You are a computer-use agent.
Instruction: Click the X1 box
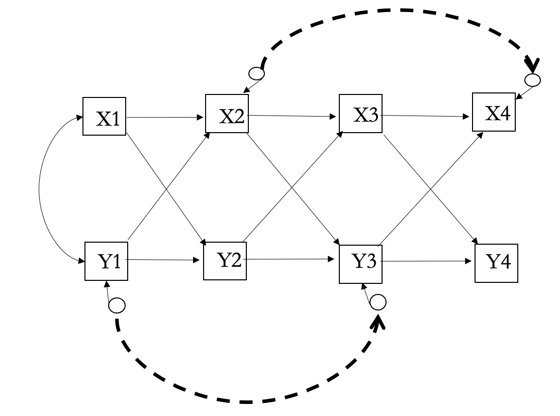pos(104,117)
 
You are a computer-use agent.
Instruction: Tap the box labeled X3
pos(360,114)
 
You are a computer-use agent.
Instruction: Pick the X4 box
pos(494,112)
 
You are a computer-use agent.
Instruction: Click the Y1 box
pos(106,261)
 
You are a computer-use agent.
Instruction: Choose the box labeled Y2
pos(225,259)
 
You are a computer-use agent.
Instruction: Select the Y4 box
pos(496,263)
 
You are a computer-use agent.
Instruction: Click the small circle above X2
pos(257,73)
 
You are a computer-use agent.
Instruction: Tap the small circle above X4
pos(532,79)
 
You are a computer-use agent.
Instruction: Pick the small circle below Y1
pos(117,304)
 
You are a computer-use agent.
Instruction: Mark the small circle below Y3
pos(378,302)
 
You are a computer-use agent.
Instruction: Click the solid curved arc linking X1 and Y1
pos(40,190)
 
